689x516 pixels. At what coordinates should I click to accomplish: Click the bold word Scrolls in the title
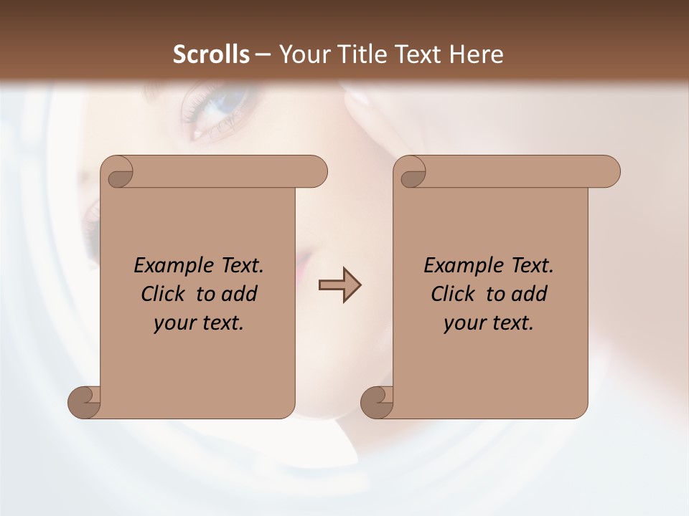(x=212, y=54)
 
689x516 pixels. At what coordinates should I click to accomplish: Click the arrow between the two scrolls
(x=339, y=285)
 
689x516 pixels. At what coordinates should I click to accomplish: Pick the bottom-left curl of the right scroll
(x=377, y=401)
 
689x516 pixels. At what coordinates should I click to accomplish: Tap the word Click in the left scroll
(x=166, y=294)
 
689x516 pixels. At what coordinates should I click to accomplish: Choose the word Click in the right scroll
(x=453, y=294)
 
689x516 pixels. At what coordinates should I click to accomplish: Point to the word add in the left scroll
(x=240, y=294)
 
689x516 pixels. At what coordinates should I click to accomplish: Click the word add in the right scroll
(x=530, y=294)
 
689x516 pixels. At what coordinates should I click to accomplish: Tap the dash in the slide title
(x=263, y=54)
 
